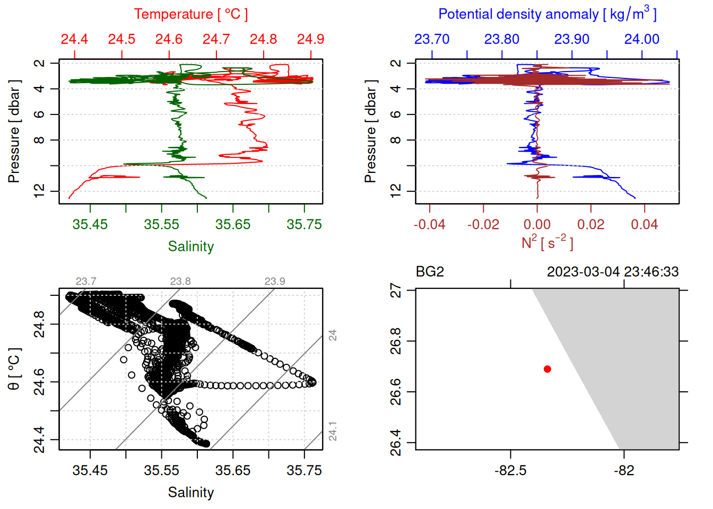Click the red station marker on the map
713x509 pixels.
[x=547, y=369]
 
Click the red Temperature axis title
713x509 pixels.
[x=190, y=14]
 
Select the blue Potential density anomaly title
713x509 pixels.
[x=547, y=14]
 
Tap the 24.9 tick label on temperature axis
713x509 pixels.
[x=310, y=39]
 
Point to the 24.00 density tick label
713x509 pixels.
[x=642, y=39]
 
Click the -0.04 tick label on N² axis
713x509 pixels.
[x=430, y=224]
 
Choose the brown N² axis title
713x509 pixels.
[x=547, y=242]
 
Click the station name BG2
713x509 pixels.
[x=430, y=272]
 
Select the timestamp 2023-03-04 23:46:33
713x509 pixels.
[x=613, y=272]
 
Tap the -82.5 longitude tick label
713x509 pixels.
[x=510, y=470]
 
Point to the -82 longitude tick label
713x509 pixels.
[x=624, y=470]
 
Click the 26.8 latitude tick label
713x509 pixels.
[x=396, y=341]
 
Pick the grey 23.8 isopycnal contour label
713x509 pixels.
[x=180, y=282]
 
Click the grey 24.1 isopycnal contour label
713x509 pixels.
[x=333, y=431]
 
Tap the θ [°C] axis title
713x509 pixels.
[x=14, y=369]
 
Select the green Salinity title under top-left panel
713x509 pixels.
[x=190, y=247]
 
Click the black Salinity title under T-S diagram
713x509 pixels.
[x=190, y=493]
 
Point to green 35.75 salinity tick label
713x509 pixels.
[x=304, y=224]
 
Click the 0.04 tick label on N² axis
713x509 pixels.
[x=644, y=224]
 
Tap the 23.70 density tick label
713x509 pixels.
[x=432, y=39]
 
